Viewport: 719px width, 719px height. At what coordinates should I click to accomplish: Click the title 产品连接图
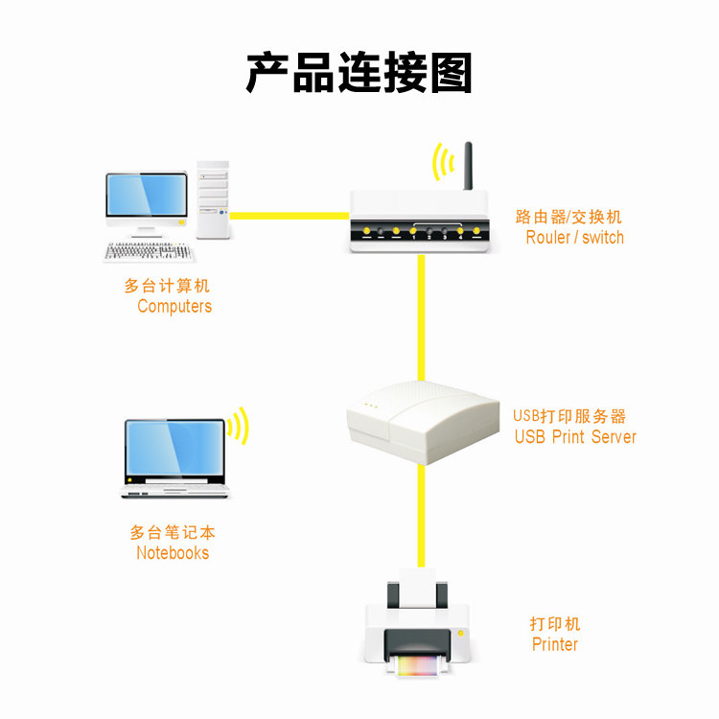[359, 74]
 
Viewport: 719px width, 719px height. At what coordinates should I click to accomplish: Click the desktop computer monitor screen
[147, 196]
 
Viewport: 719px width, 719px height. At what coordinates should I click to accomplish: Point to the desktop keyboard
[150, 252]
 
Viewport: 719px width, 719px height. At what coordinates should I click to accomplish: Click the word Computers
[174, 307]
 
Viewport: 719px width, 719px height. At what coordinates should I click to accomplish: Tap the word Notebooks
[173, 553]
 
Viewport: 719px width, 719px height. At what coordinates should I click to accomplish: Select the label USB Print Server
[575, 437]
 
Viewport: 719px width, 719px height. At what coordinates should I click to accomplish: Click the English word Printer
[555, 644]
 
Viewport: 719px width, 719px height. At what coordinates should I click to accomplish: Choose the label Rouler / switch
[574, 238]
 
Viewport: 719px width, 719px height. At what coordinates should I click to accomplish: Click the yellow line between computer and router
[288, 215]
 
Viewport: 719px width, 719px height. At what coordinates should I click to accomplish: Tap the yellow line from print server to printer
[420, 518]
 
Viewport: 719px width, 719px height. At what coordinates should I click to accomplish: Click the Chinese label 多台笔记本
[173, 533]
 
